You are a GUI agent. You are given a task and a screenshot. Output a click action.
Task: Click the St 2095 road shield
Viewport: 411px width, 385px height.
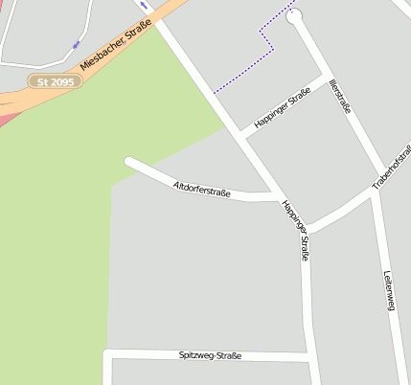[56, 82]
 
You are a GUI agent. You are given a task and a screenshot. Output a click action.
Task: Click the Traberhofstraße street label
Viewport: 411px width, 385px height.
[392, 167]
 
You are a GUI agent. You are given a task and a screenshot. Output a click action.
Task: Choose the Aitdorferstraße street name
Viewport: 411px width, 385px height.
[201, 189]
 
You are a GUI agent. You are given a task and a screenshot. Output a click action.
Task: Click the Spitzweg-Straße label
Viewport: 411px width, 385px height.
[210, 355]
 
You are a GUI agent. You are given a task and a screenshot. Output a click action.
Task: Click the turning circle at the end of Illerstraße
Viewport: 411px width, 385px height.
[294, 14]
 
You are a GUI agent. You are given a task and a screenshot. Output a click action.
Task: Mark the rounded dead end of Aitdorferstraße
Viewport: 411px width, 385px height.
[129, 162]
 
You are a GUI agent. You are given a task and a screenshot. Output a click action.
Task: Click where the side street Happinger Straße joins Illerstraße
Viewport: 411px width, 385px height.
[323, 78]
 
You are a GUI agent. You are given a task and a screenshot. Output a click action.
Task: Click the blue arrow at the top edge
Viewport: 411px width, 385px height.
[144, 5]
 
